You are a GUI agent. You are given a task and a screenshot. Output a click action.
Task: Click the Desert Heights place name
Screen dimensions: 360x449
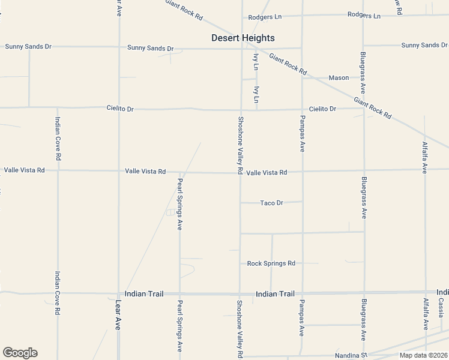243,38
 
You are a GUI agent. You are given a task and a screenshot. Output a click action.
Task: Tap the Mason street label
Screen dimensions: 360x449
339,78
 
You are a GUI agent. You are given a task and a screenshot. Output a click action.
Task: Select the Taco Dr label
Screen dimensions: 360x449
271,203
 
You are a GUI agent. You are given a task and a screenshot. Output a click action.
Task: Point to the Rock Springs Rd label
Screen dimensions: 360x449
271,263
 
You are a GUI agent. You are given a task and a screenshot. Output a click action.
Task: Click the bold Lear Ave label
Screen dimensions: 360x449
118,315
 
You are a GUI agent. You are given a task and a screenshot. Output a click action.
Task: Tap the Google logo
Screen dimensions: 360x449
20,353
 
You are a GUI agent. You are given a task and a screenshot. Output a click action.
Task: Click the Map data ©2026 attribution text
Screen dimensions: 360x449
424,355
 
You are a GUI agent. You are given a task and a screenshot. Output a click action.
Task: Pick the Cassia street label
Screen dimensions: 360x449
441,307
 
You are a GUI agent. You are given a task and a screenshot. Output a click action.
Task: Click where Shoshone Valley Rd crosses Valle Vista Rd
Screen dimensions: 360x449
241,172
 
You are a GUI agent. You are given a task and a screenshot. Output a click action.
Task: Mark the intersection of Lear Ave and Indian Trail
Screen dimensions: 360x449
118,294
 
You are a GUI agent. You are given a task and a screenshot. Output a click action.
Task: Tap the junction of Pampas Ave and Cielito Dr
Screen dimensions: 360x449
301,109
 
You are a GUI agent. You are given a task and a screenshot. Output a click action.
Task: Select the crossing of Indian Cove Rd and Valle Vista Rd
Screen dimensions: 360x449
58,170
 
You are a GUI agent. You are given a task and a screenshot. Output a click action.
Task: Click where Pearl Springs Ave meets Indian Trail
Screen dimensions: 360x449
179,294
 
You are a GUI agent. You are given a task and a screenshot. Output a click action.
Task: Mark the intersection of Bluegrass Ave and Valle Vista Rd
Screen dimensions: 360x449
363,170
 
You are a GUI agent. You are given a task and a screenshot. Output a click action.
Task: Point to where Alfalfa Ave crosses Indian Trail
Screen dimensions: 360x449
426,292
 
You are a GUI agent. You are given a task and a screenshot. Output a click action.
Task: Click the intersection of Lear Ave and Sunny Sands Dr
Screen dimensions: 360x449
118,47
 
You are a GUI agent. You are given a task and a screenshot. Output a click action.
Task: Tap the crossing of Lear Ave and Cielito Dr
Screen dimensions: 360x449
118,109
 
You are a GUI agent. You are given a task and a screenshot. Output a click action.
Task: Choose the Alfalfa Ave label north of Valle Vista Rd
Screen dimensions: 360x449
425,157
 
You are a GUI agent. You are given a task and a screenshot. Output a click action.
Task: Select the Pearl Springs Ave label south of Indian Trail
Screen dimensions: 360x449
179,325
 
